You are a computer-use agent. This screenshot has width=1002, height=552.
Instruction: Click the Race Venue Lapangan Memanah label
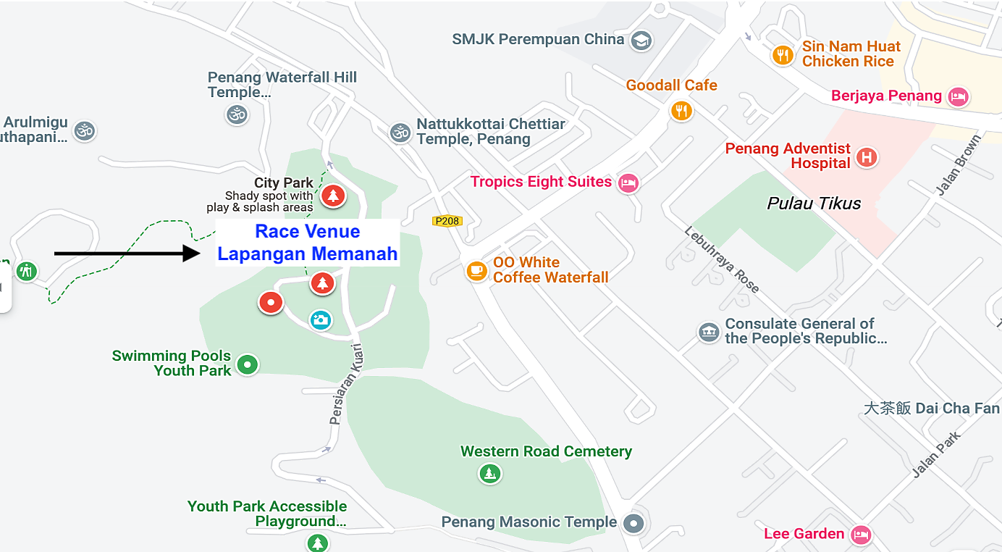(x=308, y=243)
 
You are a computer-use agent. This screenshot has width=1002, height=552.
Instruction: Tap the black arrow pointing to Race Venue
(x=127, y=253)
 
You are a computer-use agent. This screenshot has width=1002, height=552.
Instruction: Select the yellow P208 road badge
(x=447, y=221)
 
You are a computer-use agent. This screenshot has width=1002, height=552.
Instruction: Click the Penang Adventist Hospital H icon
(x=866, y=156)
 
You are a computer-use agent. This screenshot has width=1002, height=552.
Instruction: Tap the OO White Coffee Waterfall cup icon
(x=476, y=270)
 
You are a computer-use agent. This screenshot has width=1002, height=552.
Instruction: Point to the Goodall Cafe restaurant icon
(x=681, y=110)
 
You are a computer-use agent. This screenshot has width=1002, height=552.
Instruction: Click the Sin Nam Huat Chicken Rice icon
(x=783, y=55)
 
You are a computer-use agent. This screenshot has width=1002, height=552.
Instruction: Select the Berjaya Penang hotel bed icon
(x=959, y=96)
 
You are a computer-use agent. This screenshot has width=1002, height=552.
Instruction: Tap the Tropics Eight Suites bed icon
(x=628, y=183)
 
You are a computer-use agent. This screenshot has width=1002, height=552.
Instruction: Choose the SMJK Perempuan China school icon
(x=640, y=40)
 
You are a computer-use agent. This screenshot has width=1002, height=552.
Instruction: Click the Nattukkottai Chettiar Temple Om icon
(x=400, y=132)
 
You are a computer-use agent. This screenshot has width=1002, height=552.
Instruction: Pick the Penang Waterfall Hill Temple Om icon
(x=237, y=114)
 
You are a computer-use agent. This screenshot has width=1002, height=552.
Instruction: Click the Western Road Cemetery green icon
(x=490, y=474)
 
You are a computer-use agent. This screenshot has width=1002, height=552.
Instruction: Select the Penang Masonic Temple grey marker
(x=633, y=523)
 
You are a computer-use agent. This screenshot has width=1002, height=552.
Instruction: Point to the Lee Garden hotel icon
(x=860, y=535)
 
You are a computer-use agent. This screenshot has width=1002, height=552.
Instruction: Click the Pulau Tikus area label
(x=814, y=204)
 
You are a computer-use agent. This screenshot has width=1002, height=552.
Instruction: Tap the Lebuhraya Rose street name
(x=722, y=259)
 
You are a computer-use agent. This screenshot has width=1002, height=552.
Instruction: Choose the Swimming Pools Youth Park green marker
(x=248, y=364)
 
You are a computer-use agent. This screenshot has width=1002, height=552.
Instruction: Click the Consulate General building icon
(x=709, y=333)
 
